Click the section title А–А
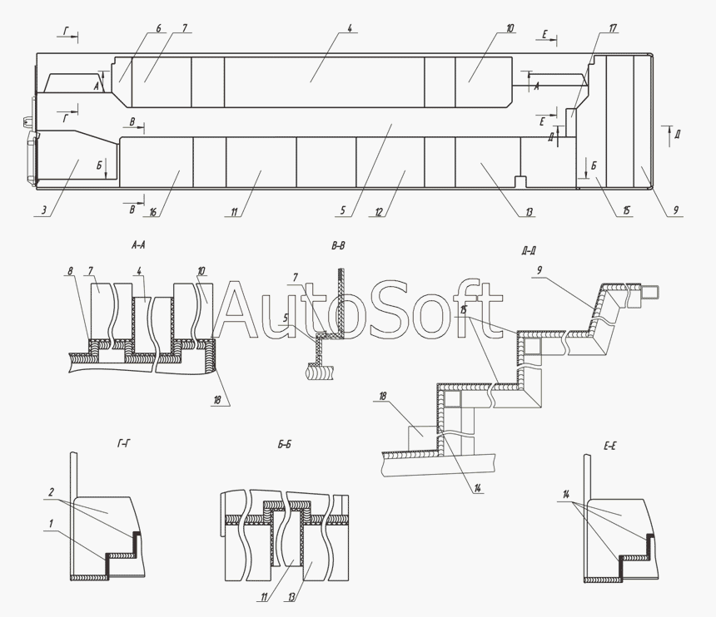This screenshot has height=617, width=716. (138, 246)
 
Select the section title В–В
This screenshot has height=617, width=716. (338, 246)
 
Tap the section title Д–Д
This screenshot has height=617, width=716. (528, 251)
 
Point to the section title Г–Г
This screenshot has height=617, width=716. (122, 443)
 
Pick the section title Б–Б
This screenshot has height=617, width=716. (284, 445)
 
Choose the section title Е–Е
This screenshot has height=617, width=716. (609, 447)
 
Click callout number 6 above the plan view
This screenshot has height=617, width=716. (158, 29)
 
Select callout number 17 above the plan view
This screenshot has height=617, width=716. (613, 28)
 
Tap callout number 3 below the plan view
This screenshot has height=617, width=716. (44, 210)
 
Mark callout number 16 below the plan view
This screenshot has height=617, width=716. (152, 212)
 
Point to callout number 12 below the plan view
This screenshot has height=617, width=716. (379, 212)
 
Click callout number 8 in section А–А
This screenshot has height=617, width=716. (70, 271)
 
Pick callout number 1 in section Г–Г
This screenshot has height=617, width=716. (51, 523)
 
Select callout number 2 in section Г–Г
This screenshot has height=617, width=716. (51, 492)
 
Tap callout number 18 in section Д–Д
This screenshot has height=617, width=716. (383, 396)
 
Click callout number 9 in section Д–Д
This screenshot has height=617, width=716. (539, 270)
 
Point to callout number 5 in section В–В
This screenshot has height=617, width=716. (286, 318)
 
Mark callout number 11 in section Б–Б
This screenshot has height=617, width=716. (263, 596)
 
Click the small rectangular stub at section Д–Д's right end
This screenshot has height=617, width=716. (649, 291)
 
